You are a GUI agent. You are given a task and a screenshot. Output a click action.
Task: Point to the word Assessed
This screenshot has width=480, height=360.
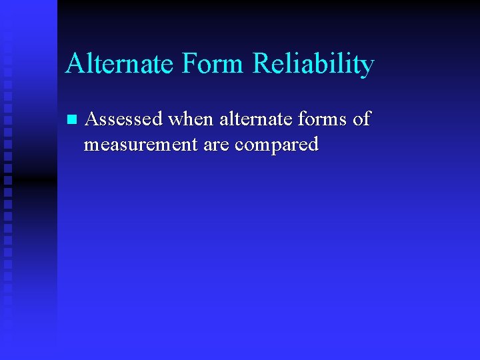click(125, 119)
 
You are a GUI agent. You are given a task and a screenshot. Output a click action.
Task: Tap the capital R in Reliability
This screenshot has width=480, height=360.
click(262, 65)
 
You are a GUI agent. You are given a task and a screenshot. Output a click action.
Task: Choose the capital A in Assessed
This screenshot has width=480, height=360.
click(93, 119)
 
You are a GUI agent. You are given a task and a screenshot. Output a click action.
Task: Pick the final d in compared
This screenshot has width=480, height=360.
click(313, 143)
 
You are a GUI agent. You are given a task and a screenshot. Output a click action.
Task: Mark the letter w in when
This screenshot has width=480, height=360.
click(177, 121)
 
